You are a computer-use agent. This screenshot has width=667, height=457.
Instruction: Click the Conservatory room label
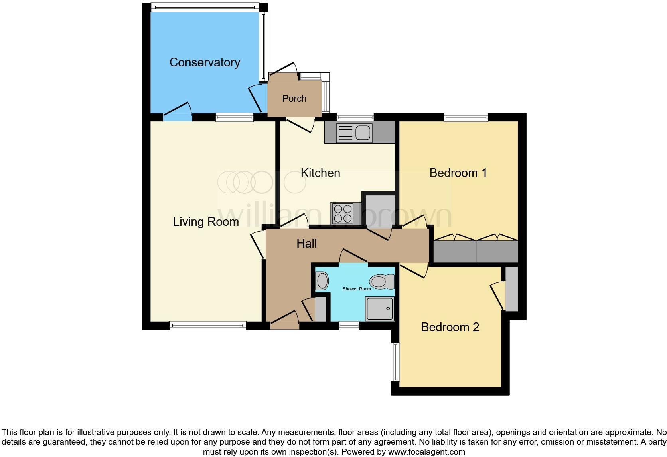[x=205, y=62]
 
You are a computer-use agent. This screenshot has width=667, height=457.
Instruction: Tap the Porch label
[x=294, y=99]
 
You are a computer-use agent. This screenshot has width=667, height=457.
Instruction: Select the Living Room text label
[x=205, y=222]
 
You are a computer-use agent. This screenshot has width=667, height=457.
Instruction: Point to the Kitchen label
[x=320, y=173]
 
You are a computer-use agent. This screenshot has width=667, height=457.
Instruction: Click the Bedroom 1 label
[x=458, y=173]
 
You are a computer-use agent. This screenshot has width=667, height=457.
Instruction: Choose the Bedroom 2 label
[x=450, y=327]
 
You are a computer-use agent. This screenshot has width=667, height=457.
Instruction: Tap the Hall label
[x=306, y=244]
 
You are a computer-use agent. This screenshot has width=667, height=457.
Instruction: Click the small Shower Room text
[x=357, y=289]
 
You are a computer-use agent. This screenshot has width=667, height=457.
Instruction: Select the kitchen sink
[x=354, y=133]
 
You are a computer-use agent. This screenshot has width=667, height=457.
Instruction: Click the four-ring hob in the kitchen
[x=343, y=213]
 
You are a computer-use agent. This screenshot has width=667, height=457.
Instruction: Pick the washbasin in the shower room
[x=322, y=281]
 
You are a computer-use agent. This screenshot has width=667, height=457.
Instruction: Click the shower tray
[x=380, y=308]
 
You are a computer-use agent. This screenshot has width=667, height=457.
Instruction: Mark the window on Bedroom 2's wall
[x=395, y=362]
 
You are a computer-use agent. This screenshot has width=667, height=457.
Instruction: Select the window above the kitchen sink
[x=355, y=117]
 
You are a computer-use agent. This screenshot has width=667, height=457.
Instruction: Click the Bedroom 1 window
[x=466, y=117]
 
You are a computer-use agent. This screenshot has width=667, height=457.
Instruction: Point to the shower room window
[x=349, y=326]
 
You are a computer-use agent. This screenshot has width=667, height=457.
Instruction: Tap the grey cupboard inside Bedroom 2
[x=511, y=289]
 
